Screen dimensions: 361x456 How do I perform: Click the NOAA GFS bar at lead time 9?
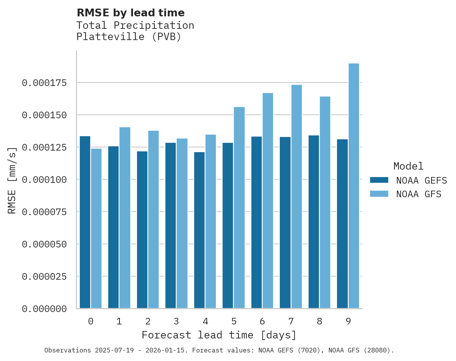point(354,186)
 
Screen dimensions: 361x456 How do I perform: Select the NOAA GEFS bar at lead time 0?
point(85,222)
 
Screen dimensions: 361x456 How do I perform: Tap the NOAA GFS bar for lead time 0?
point(96,228)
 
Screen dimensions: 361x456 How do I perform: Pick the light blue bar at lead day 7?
point(296,196)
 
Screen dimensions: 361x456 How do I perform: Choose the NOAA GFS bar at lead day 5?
point(239,208)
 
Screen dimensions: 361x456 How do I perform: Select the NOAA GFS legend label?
point(419,194)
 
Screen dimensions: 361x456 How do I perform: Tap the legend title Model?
point(408,166)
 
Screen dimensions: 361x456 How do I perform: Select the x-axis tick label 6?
point(262,321)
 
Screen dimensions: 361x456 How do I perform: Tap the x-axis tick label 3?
point(176,321)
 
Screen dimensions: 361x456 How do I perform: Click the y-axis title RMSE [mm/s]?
point(12,180)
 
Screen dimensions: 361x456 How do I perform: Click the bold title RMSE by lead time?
point(130,13)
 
